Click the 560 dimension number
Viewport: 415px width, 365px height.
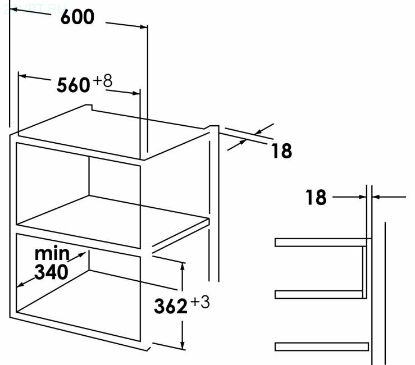(73, 85)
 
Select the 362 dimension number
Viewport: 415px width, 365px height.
(170, 307)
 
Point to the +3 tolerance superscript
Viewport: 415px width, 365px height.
(200, 303)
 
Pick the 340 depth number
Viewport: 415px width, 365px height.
(51, 272)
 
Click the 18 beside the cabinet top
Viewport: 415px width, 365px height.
(281, 151)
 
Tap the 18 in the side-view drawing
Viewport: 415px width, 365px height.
(316, 198)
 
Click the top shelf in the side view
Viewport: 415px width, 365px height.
(320, 243)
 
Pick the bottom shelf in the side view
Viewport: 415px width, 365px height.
(321, 345)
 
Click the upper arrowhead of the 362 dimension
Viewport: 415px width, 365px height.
(183, 266)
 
